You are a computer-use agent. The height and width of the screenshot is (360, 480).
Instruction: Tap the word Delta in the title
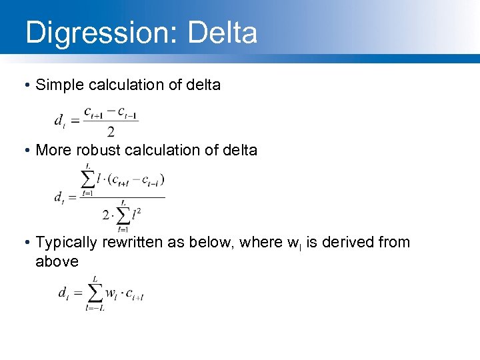pyautogui.click(x=223, y=33)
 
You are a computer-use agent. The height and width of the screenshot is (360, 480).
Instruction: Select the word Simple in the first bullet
pyautogui.click(x=61, y=85)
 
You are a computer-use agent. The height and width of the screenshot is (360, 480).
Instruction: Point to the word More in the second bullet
pyautogui.click(x=52, y=150)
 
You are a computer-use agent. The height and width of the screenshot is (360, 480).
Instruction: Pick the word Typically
pyautogui.click(x=66, y=243)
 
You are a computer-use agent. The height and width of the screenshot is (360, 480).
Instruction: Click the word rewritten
pyautogui.click(x=136, y=243)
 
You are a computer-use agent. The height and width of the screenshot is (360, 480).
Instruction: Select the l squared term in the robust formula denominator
pyautogui.click(x=135, y=215)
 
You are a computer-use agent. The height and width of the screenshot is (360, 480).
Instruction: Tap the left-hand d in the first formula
pyautogui.click(x=59, y=121)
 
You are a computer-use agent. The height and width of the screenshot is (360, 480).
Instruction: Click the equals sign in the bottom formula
pyautogui.click(x=77, y=293)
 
